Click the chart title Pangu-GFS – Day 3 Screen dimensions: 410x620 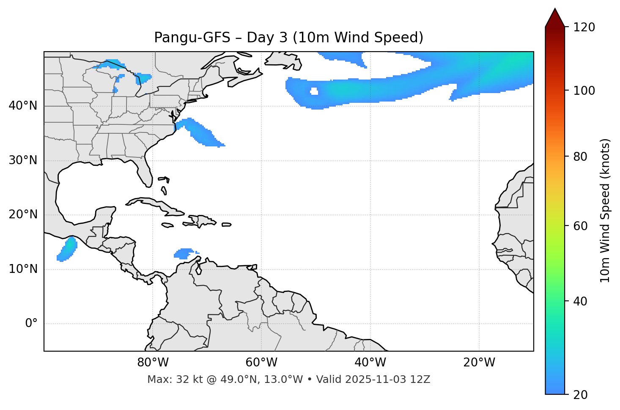(x=288, y=38)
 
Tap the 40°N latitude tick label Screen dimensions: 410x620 (x=23, y=106)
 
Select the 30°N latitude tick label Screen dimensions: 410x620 (x=23, y=160)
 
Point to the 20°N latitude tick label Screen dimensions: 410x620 (x=23, y=215)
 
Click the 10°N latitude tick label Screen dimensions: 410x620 (x=23, y=269)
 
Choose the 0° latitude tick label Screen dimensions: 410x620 (x=31, y=324)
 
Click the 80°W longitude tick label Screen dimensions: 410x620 (x=153, y=363)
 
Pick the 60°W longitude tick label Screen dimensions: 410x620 (x=261, y=363)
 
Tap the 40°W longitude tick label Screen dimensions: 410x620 (x=370, y=363)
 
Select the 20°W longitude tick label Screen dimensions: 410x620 (x=479, y=363)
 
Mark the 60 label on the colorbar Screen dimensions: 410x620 (x=581, y=226)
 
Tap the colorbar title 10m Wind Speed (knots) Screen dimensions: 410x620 (x=605, y=210)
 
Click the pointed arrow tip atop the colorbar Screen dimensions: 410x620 (x=555, y=10)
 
